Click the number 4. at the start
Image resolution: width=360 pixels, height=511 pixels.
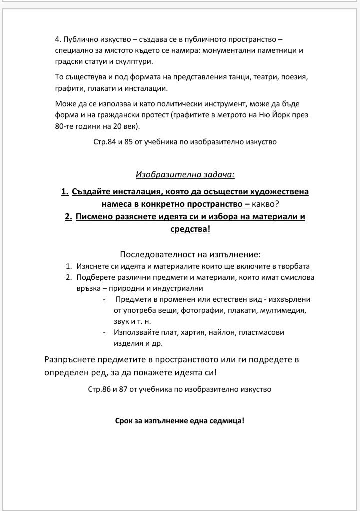click(x=58, y=39)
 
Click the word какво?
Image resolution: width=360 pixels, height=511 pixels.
click(x=270, y=204)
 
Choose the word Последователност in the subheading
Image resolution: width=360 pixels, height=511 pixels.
click(x=154, y=253)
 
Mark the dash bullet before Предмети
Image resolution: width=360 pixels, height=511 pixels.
click(x=104, y=299)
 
